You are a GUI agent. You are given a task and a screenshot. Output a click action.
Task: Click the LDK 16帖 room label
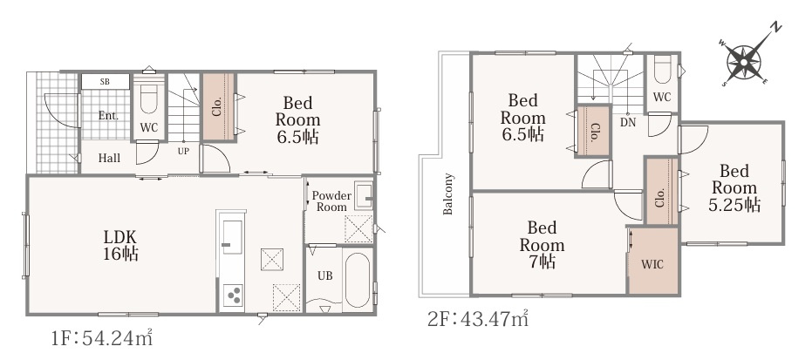pos(120,245)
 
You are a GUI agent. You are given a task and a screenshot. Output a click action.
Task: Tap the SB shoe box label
pos(105,82)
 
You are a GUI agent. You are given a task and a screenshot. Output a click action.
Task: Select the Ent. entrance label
pos(108,116)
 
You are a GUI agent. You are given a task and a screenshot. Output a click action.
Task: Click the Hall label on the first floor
pos(109,159)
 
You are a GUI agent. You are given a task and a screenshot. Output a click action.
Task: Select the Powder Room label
pos(331,201)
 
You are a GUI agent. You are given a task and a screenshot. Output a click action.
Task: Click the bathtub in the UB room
pos(358,280)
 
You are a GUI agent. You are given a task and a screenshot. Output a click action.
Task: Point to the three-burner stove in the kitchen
pos(232,296)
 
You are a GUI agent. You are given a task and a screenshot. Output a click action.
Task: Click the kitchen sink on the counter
pos(232,237)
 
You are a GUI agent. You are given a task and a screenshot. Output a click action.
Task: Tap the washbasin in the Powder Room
pos(363,196)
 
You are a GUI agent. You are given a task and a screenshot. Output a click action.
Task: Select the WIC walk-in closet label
pos(652,265)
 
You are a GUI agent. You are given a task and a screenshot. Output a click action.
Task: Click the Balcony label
pos(448,194)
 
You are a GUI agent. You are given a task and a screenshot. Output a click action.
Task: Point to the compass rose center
pos(743,63)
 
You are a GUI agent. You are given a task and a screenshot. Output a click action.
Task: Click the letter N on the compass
pos(775,27)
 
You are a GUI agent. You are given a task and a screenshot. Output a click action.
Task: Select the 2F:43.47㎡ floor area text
pos(477,319)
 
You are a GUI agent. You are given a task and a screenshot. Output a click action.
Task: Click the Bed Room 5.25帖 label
pos(734,187)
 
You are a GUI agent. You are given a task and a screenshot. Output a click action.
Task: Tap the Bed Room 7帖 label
pos(542,245)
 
